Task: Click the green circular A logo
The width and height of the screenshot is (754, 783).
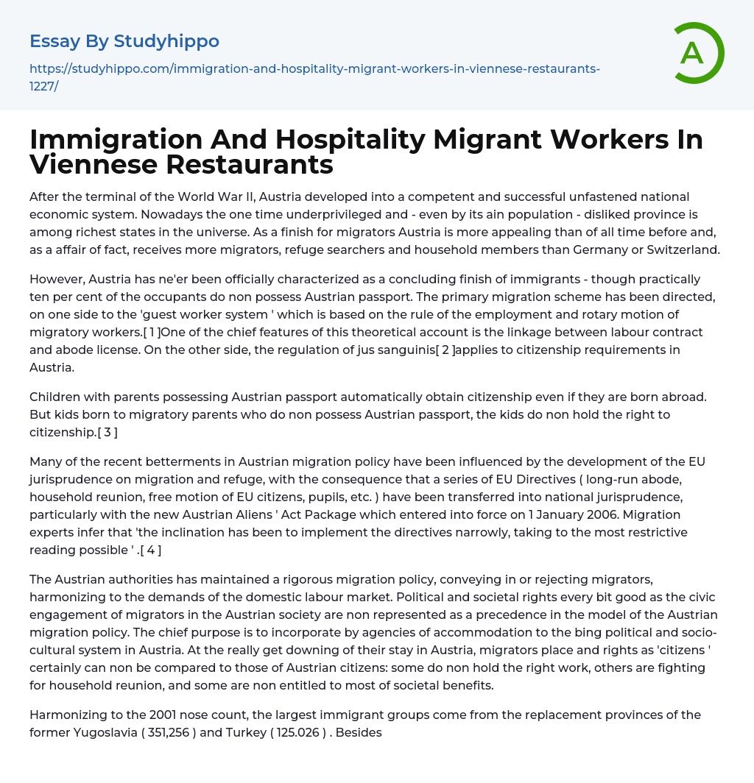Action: coord(694,52)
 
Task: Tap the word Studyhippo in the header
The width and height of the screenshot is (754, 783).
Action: coord(166,41)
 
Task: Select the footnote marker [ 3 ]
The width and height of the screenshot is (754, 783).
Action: coord(107,432)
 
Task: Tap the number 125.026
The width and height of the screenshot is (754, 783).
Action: coord(300,732)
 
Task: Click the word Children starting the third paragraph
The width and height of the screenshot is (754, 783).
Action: coord(55,397)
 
